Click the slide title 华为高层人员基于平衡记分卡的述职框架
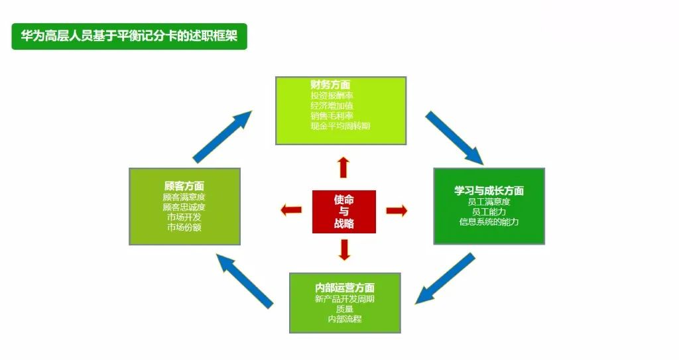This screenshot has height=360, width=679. [x=129, y=36]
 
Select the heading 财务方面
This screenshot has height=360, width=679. [x=330, y=85]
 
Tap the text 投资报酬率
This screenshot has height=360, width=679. [x=332, y=95]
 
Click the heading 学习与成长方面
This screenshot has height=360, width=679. [x=489, y=191]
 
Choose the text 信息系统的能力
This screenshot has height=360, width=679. [x=489, y=221]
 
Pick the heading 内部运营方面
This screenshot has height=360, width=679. [x=345, y=288]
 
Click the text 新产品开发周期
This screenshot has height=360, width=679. [x=345, y=299]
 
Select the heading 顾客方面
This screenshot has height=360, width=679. [x=184, y=186]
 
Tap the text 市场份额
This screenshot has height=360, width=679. [x=184, y=227]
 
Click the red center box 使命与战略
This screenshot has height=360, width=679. [x=343, y=211]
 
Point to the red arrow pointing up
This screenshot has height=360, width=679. [x=343, y=168]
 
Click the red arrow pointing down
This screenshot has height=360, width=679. [x=343, y=249]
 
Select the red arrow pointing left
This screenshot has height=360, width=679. [x=291, y=211]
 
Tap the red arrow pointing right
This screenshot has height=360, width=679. [x=396, y=211]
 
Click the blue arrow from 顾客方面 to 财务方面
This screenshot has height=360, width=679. [x=222, y=137]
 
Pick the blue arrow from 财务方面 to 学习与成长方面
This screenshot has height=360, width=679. [x=454, y=137]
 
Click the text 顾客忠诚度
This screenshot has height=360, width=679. [x=184, y=207]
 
